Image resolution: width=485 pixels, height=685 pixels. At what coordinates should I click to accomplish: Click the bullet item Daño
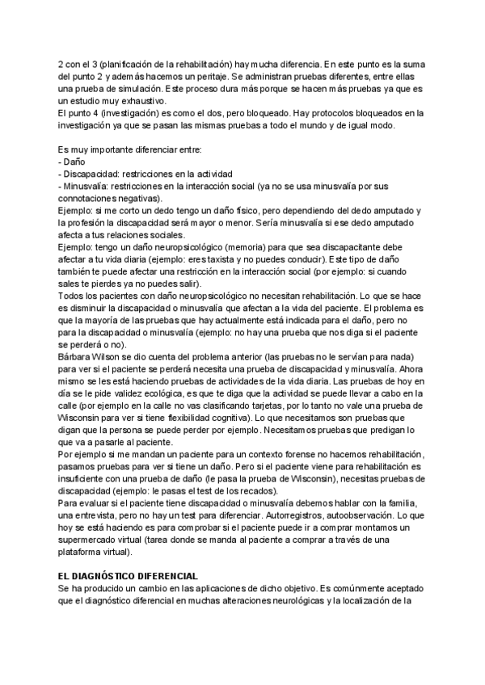(x=73, y=162)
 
